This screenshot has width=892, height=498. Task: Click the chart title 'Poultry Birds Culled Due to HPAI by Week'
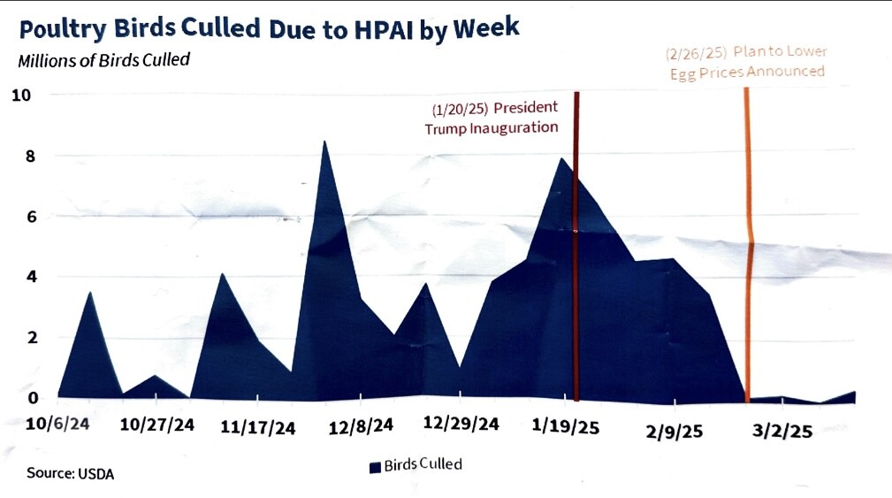pyautogui.click(x=269, y=29)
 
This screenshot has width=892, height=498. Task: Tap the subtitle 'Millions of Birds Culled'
pyautogui.click(x=103, y=60)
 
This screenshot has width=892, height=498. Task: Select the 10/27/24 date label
pyautogui.click(x=157, y=425)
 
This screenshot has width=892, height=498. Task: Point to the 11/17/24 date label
pyautogui.click(x=257, y=428)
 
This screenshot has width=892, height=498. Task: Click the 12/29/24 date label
pyautogui.click(x=461, y=424)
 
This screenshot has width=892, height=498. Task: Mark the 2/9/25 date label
pyautogui.click(x=674, y=431)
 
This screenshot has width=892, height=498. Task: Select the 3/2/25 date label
pyautogui.click(x=781, y=431)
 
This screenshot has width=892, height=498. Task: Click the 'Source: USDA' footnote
pyautogui.click(x=70, y=473)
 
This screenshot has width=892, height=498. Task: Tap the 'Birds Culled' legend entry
pyautogui.click(x=416, y=465)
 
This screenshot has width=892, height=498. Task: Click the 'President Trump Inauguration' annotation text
pyautogui.click(x=493, y=117)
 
